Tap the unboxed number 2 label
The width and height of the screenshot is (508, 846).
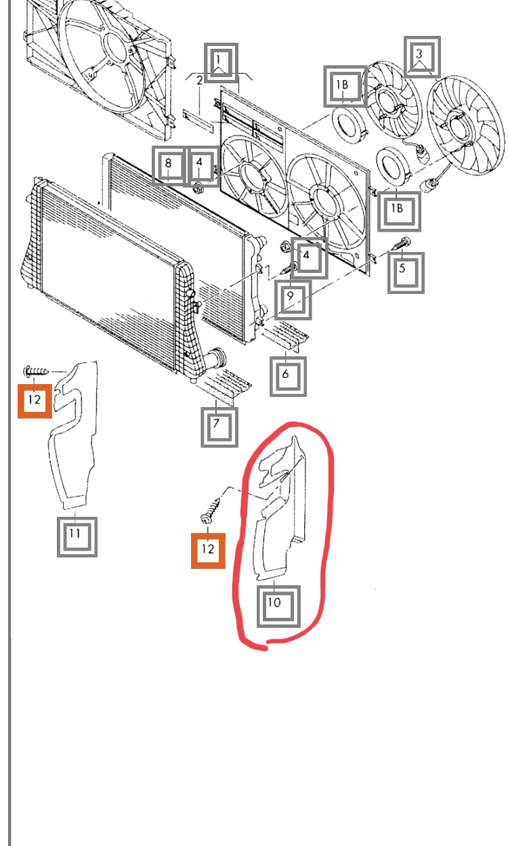(200, 81)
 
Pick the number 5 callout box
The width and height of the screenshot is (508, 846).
(406, 272)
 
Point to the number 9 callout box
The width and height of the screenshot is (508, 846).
(293, 299)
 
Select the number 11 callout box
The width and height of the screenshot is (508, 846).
(77, 536)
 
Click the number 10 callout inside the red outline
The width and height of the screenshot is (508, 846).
(278, 605)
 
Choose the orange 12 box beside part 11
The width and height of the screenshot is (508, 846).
(35, 400)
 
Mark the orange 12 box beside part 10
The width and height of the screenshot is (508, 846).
(208, 549)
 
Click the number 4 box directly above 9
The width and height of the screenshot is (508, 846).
(309, 257)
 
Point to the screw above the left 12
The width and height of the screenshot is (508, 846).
(36, 371)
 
